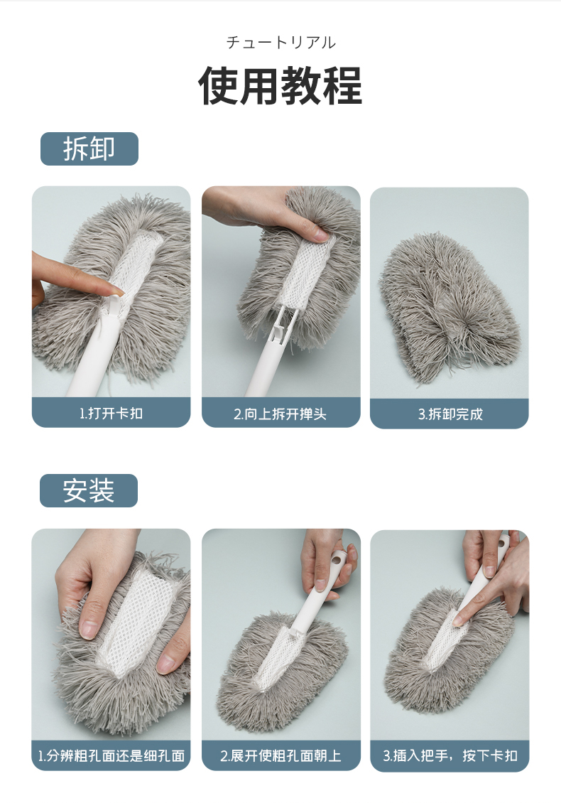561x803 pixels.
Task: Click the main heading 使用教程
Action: (280, 85)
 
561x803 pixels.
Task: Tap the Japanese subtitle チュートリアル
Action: (281, 42)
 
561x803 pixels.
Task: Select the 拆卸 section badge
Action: (89, 149)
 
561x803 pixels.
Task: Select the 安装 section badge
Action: (89, 490)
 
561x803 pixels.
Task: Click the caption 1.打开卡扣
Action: (111, 413)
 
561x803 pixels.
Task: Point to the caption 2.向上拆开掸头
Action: (280, 414)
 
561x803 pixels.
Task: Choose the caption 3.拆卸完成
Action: (450, 414)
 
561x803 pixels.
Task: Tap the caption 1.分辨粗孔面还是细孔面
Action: (111, 755)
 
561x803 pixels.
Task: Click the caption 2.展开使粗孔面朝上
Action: (280, 755)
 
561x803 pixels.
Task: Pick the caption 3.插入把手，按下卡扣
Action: (450, 755)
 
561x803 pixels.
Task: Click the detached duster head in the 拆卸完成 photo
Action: (450, 307)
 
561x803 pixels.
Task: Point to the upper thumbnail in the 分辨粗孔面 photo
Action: (88, 627)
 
